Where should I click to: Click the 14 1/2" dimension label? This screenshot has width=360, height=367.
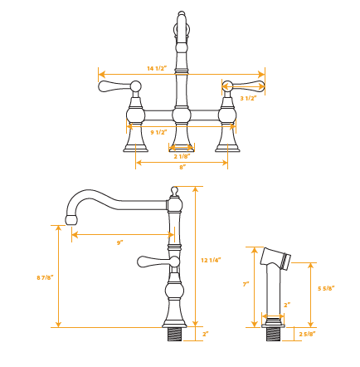(x=157, y=68)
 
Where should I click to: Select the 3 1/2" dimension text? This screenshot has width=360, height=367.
(x=247, y=98)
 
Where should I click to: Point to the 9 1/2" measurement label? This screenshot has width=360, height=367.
(x=159, y=132)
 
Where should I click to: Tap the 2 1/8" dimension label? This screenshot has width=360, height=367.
(x=182, y=156)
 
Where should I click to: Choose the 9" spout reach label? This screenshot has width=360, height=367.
(x=119, y=242)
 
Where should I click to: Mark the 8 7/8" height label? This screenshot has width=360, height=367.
(x=45, y=276)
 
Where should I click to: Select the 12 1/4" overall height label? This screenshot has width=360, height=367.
(x=211, y=260)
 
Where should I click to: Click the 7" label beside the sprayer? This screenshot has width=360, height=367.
(x=246, y=284)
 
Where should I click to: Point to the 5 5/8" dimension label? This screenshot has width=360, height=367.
(x=326, y=288)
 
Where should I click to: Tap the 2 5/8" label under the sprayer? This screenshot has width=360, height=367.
(x=307, y=335)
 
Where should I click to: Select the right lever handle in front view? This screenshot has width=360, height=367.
(x=248, y=85)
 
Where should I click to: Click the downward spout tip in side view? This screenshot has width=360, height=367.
(x=71, y=218)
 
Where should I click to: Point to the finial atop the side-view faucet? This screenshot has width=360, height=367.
(x=174, y=192)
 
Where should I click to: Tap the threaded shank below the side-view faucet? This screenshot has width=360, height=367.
(x=174, y=334)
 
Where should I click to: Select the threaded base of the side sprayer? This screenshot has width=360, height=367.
(x=273, y=334)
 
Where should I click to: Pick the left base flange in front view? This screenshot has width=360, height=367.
(x=135, y=146)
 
